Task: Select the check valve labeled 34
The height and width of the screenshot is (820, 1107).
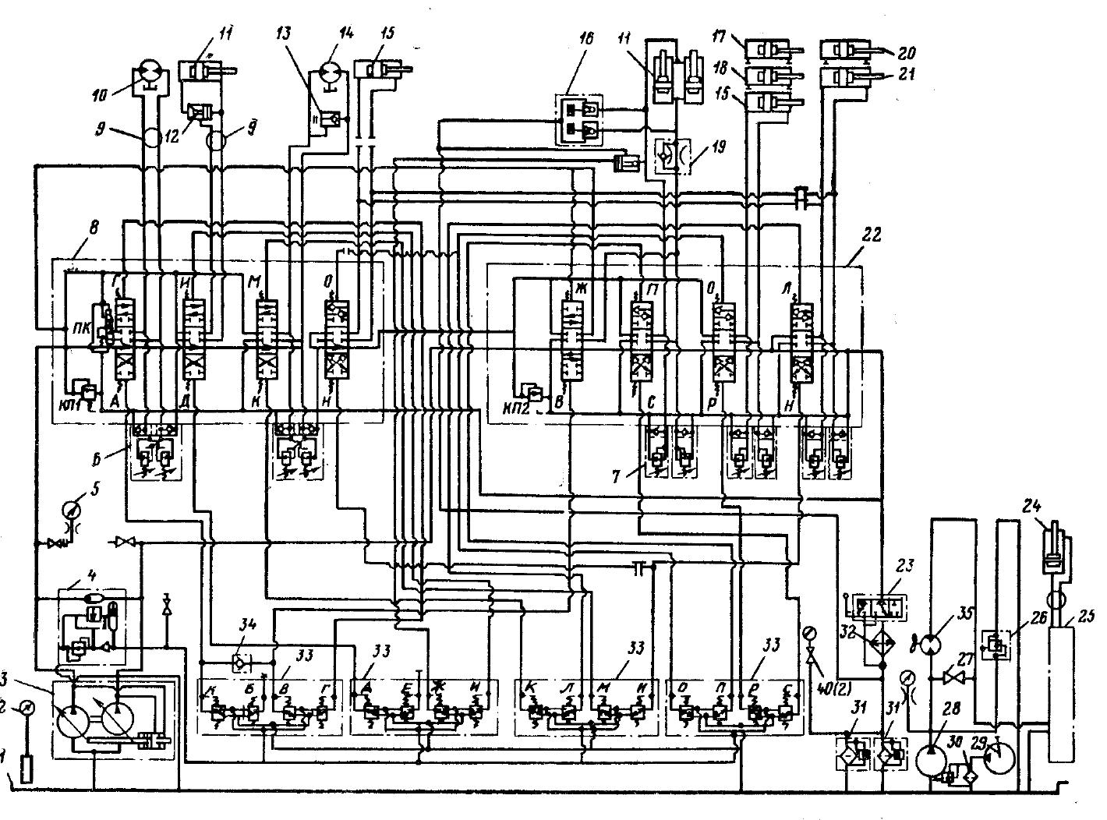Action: (241, 662)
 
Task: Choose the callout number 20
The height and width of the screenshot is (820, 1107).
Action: (907, 52)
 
